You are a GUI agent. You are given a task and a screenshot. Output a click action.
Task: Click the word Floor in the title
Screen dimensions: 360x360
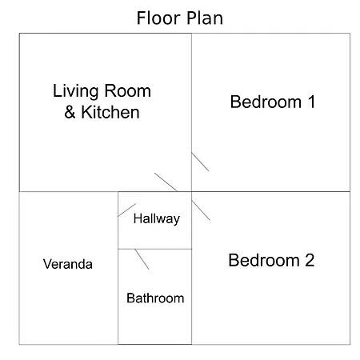pyautogui.click(x=158, y=18)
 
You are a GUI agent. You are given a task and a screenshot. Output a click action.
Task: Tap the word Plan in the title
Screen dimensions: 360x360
pyautogui.click(x=205, y=18)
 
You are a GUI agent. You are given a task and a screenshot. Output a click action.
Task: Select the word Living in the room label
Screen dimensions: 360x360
pyautogui.click(x=76, y=91)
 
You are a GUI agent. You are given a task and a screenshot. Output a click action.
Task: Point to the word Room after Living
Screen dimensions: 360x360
pyautogui.click(x=128, y=91)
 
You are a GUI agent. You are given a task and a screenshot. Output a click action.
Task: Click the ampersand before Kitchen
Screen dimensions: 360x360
pyautogui.click(x=70, y=112)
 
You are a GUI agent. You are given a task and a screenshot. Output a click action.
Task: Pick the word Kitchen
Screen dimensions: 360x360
pyautogui.click(x=110, y=112)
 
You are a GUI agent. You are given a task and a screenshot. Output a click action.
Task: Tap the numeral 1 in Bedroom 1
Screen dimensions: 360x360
pyautogui.click(x=311, y=102)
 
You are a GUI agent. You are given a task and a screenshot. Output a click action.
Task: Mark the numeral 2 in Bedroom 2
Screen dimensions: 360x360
pyautogui.click(x=310, y=260)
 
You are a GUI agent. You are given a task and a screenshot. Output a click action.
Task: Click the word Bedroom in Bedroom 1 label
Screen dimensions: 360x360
pyautogui.click(x=266, y=102)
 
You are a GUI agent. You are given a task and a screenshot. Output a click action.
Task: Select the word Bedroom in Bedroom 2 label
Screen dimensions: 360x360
pyautogui.click(x=264, y=260)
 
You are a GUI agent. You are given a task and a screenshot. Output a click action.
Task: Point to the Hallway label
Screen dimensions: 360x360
pyautogui.click(x=157, y=219)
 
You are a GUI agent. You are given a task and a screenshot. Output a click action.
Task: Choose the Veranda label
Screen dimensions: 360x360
pyautogui.click(x=68, y=264)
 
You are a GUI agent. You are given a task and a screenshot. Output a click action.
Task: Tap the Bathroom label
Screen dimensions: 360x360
pyautogui.click(x=155, y=298)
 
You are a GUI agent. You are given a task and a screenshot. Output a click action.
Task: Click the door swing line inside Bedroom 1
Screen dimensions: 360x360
pyautogui.click(x=200, y=162)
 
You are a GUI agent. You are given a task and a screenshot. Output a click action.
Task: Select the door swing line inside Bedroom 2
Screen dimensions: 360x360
pyautogui.click(x=201, y=210)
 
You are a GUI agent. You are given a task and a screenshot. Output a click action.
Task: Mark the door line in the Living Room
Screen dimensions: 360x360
pyautogui.click(x=166, y=182)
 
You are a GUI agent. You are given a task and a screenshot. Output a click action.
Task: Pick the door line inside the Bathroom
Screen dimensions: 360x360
pyautogui.click(x=142, y=259)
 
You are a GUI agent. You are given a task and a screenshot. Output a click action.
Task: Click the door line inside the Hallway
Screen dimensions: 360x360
pyautogui.click(x=127, y=210)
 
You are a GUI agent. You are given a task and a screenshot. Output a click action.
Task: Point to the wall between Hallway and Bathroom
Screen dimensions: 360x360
pyautogui.click(x=155, y=249)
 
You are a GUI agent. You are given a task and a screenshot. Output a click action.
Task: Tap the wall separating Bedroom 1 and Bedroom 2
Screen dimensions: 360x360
pyautogui.click(x=270, y=191)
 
